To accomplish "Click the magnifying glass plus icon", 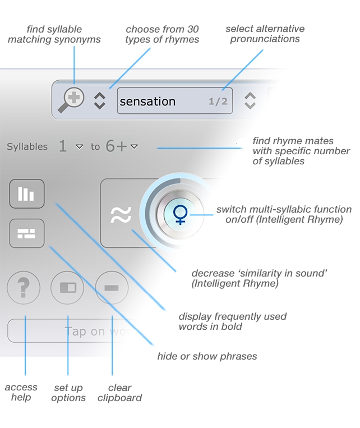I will pyautogui.click(x=72, y=100).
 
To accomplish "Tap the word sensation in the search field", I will pyautogui.click(x=148, y=102).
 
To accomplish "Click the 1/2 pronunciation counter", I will pyautogui.click(x=218, y=102).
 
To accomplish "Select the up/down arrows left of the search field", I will pyautogui.click(x=99, y=101).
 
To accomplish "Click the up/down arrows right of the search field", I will pyautogui.click(x=250, y=101).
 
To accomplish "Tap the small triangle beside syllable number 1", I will pyautogui.click(x=79, y=147).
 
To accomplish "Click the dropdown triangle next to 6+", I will pyautogui.click(x=134, y=147).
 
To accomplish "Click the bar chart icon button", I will pyautogui.click(x=27, y=194).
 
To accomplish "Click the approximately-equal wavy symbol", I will pyautogui.click(x=121, y=214).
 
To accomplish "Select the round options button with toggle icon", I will pyautogui.click(x=67, y=288).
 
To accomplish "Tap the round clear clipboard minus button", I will pyautogui.click(x=112, y=288).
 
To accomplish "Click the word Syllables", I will pyautogui.click(x=27, y=147).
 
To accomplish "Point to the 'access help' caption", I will pyautogui.click(x=21, y=392).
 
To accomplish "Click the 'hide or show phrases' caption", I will pyautogui.click(x=207, y=357).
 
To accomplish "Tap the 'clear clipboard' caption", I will pyautogui.click(x=119, y=393).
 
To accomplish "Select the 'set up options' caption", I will pyautogui.click(x=68, y=393).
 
